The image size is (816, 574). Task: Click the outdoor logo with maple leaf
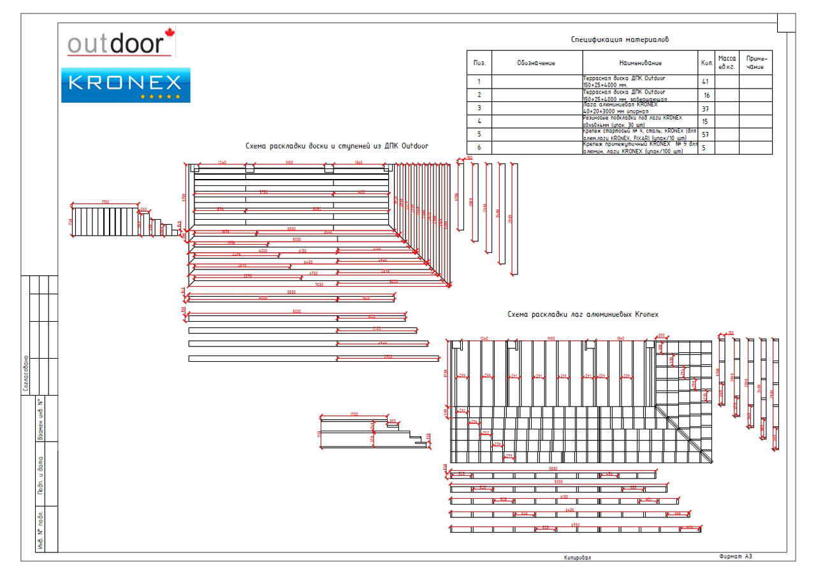121,43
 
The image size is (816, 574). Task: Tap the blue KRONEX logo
126,85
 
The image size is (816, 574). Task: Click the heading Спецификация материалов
619,39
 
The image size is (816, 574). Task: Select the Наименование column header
640,63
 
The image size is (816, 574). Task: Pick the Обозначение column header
536,63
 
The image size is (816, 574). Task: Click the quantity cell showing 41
705,82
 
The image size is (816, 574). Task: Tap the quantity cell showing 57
705,135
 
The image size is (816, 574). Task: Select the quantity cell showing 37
705,108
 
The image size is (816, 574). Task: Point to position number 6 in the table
479,148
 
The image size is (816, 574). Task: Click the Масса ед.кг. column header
727,62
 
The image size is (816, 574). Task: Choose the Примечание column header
755,62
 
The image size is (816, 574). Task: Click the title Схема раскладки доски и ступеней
337,147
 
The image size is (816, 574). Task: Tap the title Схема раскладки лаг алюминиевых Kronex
583,315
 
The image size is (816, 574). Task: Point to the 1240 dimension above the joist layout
484,338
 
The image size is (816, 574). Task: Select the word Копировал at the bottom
577,557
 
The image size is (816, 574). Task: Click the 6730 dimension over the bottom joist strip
574,525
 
